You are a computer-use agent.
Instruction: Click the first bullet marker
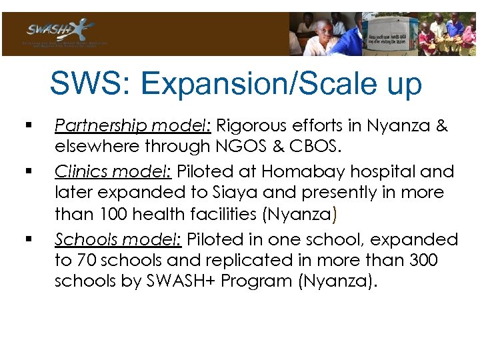[27, 125]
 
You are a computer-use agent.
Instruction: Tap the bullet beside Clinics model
[27, 171]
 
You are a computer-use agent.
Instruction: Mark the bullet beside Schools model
[27, 239]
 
